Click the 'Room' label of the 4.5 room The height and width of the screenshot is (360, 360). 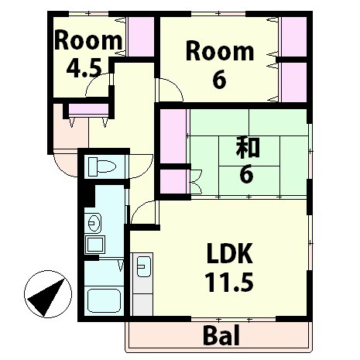click(x=87, y=40)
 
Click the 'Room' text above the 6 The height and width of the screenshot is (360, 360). click(x=220, y=52)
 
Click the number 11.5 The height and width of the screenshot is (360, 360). click(x=230, y=281)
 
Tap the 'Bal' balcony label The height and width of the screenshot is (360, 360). click(x=221, y=336)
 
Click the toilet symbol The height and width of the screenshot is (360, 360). click(x=100, y=166)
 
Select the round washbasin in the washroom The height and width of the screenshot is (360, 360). click(x=95, y=224)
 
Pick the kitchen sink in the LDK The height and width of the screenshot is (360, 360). click(x=142, y=269)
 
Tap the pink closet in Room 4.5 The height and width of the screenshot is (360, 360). click(x=139, y=35)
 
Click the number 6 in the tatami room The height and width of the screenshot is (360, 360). click(x=246, y=174)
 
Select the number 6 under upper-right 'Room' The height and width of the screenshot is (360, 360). click(x=219, y=79)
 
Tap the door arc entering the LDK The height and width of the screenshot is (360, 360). click(x=143, y=213)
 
